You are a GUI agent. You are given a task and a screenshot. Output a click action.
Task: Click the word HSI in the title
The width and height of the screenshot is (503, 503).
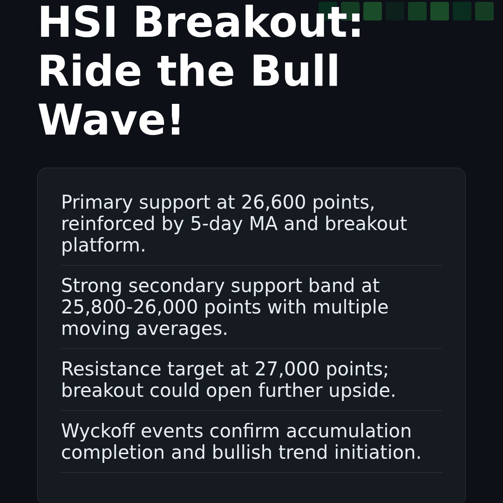(x=77, y=23)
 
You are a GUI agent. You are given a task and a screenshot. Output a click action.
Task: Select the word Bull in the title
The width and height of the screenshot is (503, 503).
(x=295, y=72)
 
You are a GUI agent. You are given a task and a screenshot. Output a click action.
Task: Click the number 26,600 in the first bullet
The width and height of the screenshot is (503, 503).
(x=273, y=203)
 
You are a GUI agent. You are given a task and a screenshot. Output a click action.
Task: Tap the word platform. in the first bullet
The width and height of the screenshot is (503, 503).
(x=103, y=246)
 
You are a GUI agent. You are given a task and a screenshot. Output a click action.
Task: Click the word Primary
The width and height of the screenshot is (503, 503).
(x=97, y=203)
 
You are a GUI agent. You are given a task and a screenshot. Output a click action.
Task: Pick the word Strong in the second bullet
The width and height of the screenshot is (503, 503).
(x=91, y=286)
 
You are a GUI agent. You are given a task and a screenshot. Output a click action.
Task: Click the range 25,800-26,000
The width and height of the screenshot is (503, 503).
(x=129, y=308)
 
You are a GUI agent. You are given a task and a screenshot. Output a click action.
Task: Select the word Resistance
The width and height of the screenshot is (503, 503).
(x=111, y=370)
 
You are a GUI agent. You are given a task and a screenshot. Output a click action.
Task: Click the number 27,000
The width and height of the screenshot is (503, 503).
(x=287, y=370)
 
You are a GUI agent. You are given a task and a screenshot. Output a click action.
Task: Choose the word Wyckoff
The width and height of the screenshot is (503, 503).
(x=98, y=432)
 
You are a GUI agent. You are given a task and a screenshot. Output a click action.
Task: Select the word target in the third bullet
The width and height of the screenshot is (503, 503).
(x=196, y=370)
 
